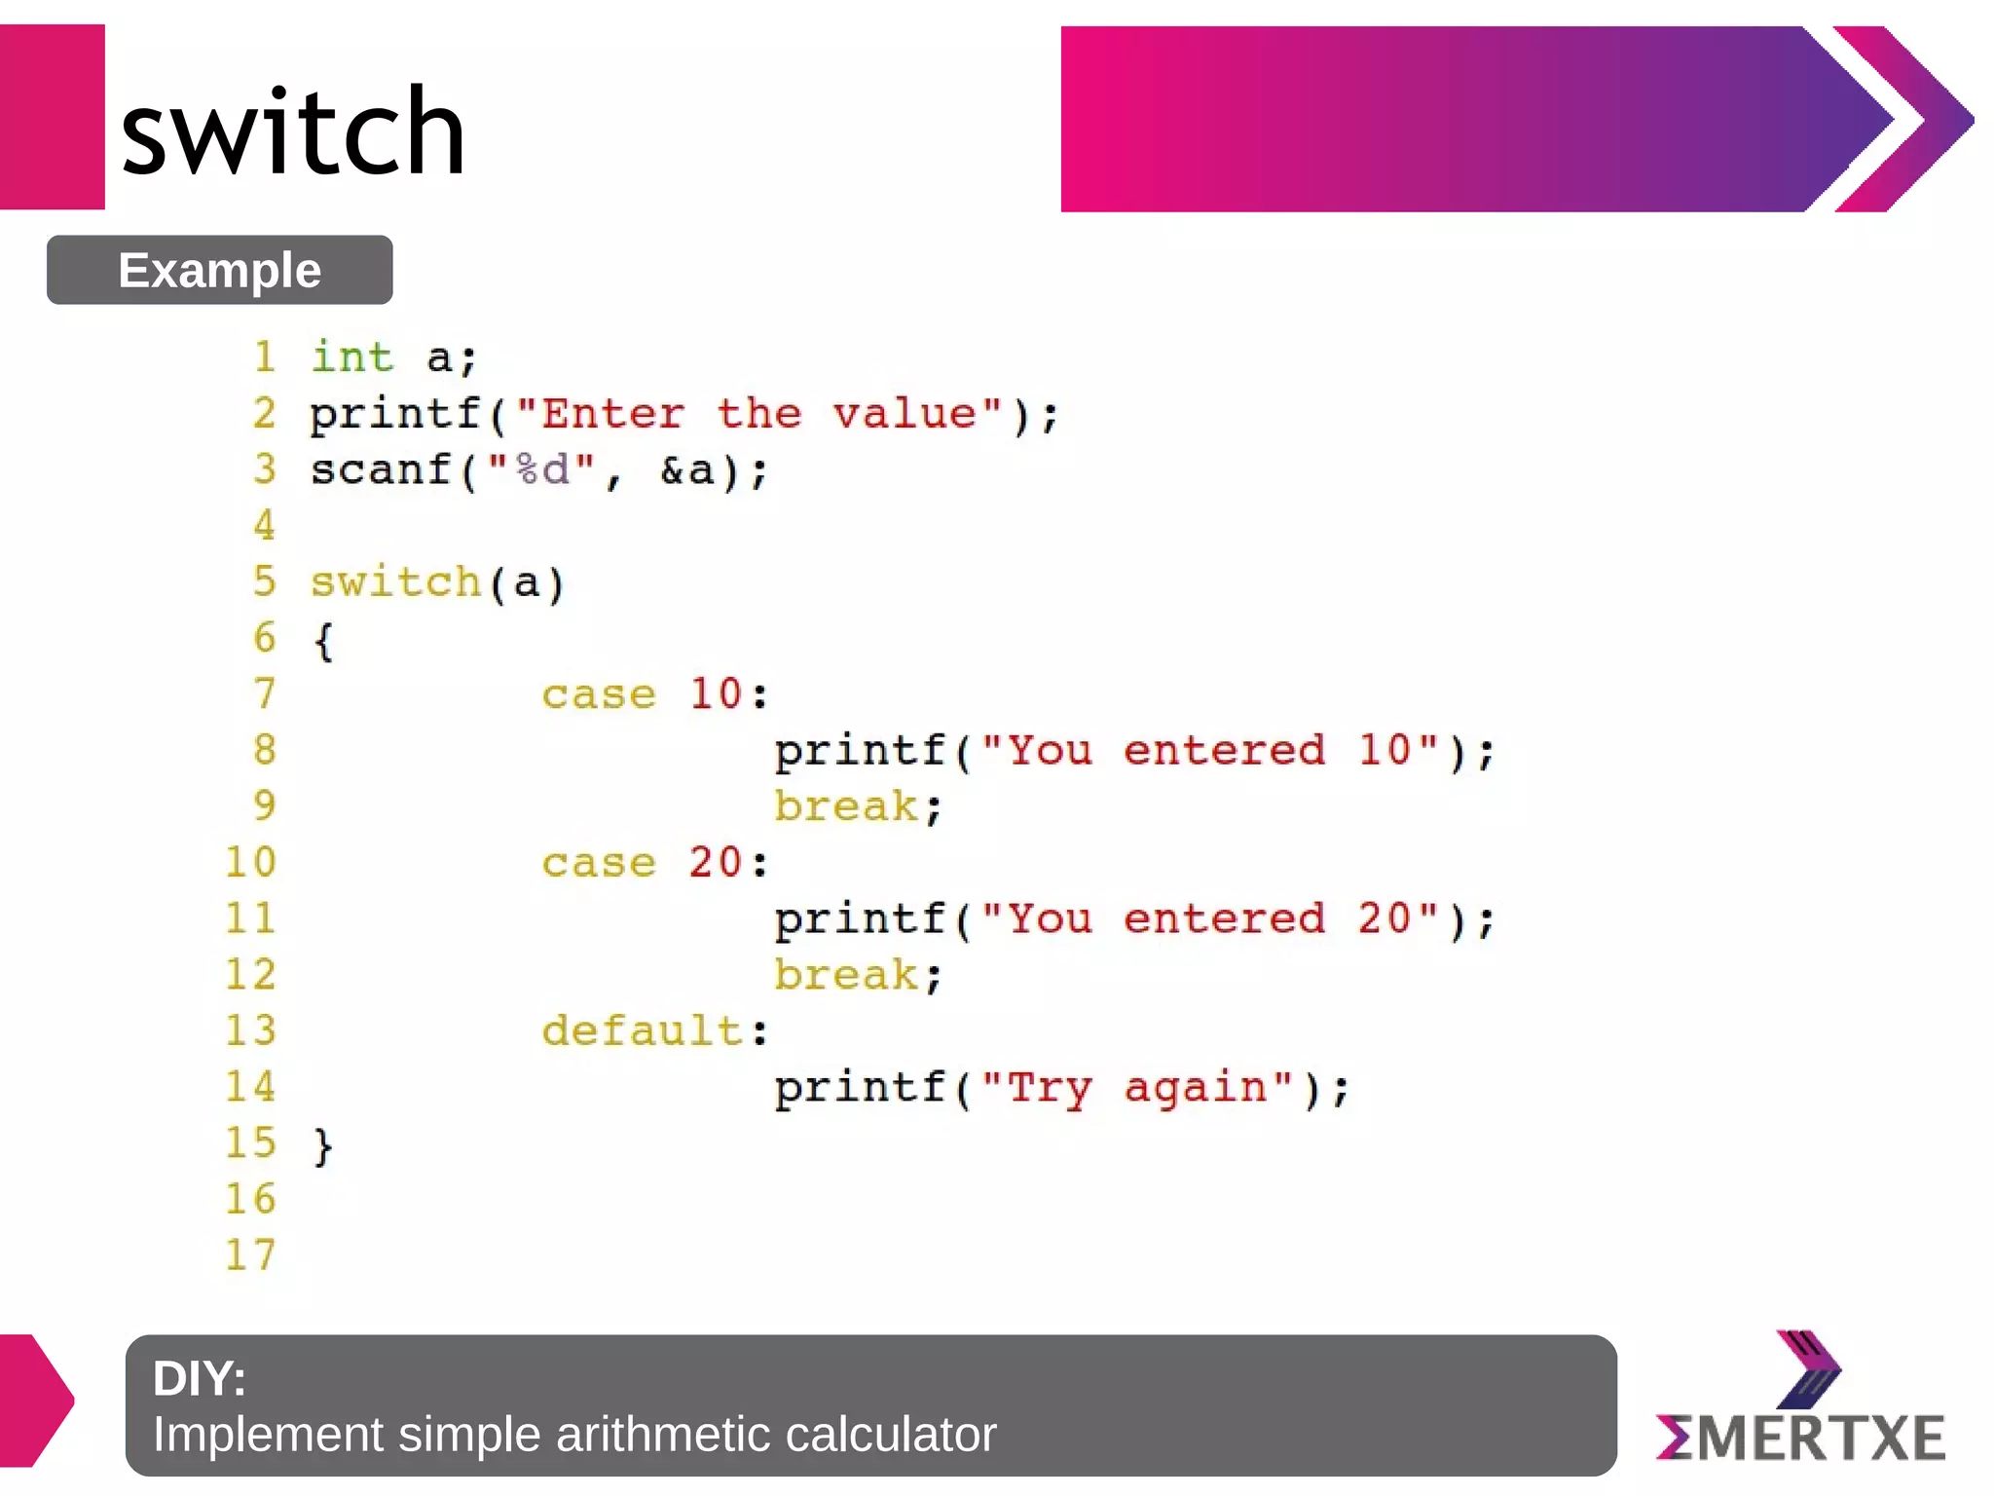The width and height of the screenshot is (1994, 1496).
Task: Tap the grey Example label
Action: click(x=219, y=270)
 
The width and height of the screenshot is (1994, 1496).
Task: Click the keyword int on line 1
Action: click(x=351, y=357)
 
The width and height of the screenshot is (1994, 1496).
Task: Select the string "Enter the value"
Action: click(x=758, y=414)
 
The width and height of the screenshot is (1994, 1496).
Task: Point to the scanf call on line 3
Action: click(x=381, y=470)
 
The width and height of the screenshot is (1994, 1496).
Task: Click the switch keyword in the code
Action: click(x=395, y=582)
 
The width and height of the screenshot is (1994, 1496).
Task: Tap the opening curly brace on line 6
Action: click(x=323, y=641)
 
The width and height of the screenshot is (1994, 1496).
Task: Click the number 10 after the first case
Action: click(x=716, y=694)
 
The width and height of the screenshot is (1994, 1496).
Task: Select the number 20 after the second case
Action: click(x=716, y=863)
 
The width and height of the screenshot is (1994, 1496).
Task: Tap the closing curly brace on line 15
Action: click(x=323, y=1145)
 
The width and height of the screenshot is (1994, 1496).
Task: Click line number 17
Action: click(x=251, y=1255)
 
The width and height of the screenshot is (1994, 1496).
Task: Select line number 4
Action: click(x=264, y=526)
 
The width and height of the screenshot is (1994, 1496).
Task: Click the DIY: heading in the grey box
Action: click(x=200, y=1378)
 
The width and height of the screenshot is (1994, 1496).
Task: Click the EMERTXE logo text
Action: click(x=1801, y=1438)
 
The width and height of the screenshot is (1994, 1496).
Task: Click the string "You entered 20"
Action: click(x=1209, y=918)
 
